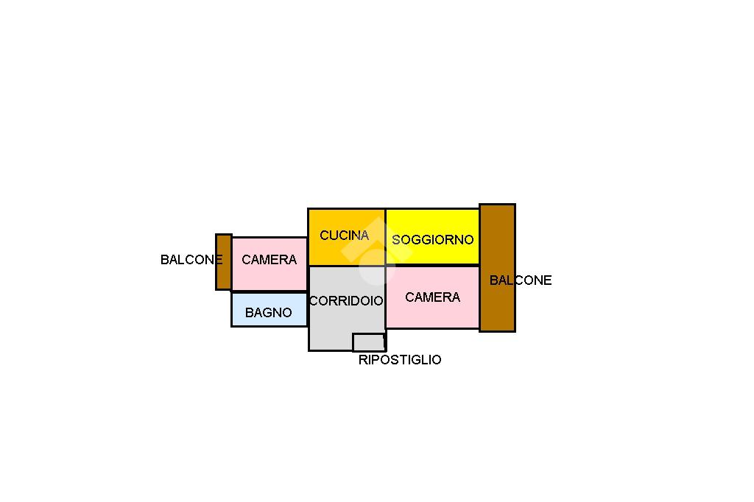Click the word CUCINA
tap(344, 236)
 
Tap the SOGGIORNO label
tap(432, 240)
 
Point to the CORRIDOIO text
tap(346, 301)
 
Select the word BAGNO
tap(268, 313)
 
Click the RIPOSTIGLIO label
tap(400, 360)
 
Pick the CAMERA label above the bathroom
tap(269, 260)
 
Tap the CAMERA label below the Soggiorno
tap(432, 297)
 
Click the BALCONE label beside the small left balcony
tap(190, 260)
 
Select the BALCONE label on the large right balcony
tap(520, 280)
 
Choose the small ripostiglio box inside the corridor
tap(368, 342)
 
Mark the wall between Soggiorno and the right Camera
tap(432, 265)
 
